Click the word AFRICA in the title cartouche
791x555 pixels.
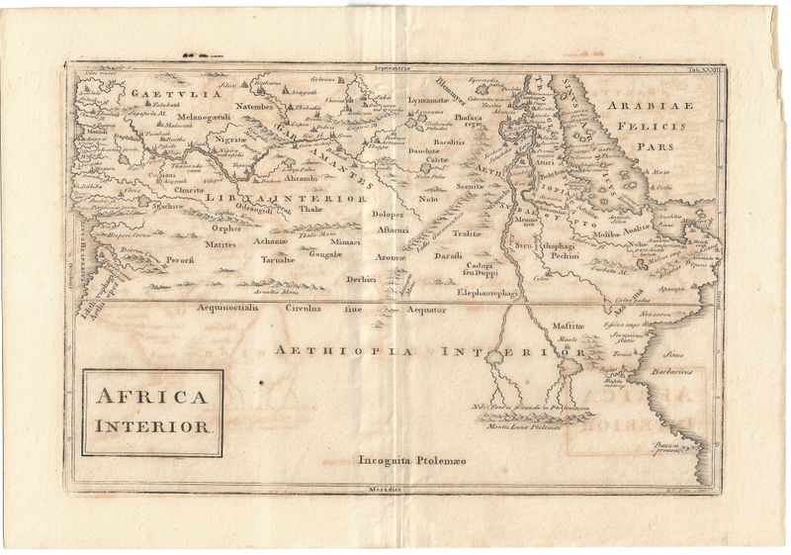pyautogui.click(x=151, y=399)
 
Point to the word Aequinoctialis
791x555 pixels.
pyautogui.click(x=232, y=308)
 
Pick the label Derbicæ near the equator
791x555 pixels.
pyautogui.click(x=363, y=280)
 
